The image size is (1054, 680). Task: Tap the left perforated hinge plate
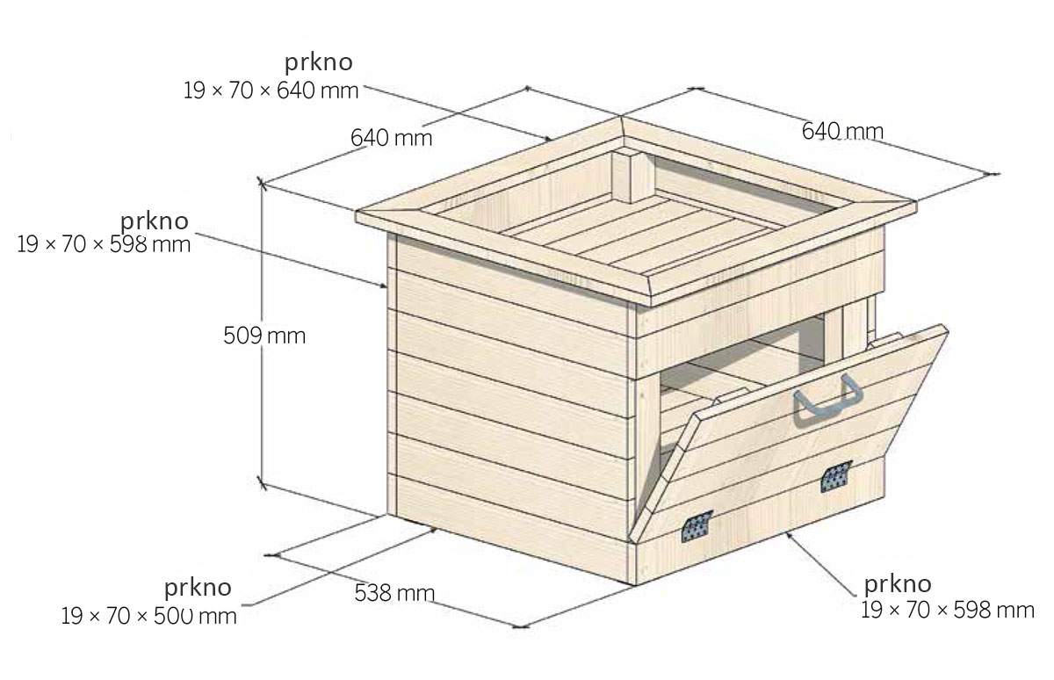point(697,526)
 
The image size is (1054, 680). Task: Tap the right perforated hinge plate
point(836,476)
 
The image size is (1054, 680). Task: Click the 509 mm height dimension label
point(264,336)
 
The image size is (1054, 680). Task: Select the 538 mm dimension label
point(394,592)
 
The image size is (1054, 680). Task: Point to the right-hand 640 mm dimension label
point(842,131)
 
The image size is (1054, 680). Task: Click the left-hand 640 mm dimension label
point(391,138)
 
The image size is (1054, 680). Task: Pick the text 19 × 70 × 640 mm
point(271,90)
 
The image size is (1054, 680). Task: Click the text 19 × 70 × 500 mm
point(148,616)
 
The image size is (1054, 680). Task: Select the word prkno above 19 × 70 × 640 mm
point(319,63)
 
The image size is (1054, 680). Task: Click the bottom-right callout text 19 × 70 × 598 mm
point(948,610)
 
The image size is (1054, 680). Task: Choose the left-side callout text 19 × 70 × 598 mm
point(104,244)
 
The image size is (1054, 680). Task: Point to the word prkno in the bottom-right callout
point(898,585)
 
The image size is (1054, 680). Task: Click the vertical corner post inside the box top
point(633,177)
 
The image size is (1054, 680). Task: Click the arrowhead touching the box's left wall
point(383,285)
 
